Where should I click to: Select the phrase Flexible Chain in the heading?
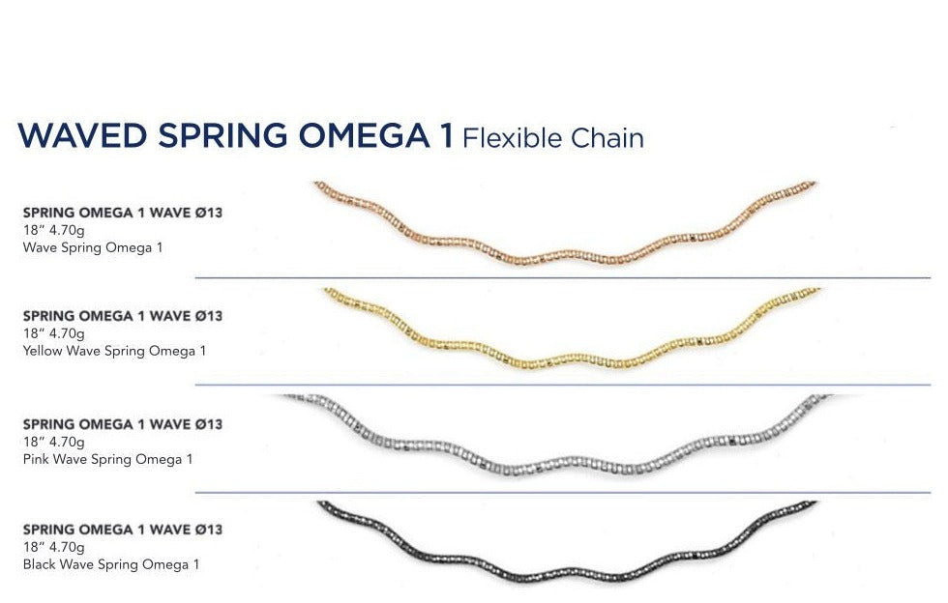[552, 138]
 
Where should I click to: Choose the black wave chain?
[566, 572]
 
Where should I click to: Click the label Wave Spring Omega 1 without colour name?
[92, 247]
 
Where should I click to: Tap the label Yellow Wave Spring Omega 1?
[113, 351]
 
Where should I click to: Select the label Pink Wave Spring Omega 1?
[106, 459]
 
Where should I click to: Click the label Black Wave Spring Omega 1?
[110, 564]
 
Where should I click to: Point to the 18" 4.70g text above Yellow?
[53, 333]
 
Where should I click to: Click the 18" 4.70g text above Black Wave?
[53, 547]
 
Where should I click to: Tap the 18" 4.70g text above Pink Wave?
[53, 442]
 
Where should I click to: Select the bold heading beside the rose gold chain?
[122, 213]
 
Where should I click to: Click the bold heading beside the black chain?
[122, 530]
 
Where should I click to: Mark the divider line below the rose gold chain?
[561, 278]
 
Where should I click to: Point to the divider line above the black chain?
[561, 493]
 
